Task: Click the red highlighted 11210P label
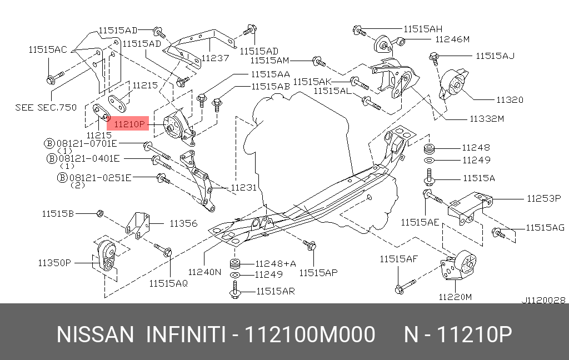point(127,124)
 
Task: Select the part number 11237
point(215,57)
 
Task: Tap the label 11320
point(510,100)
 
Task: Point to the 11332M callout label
point(487,119)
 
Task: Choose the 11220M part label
point(455,297)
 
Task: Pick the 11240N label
point(204,272)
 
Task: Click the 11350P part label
point(54,262)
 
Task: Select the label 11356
point(183,223)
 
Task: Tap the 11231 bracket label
point(244,188)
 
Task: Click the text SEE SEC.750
point(46,108)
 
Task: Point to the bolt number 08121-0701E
point(94,143)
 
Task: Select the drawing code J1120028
point(543,299)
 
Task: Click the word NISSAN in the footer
point(95,335)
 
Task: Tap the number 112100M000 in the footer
point(310,335)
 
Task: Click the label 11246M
point(452,39)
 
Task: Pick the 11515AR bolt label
point(275,291)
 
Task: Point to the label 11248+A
point(276,263)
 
